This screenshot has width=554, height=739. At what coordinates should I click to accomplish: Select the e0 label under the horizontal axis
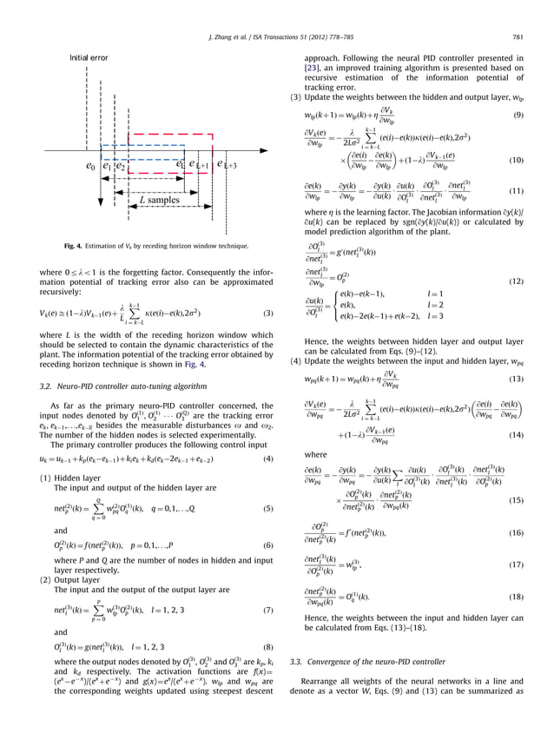pyautogui.click(x=90, y=165)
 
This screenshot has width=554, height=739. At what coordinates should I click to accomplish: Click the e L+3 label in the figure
pyautogui.click(x=228, y=165)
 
